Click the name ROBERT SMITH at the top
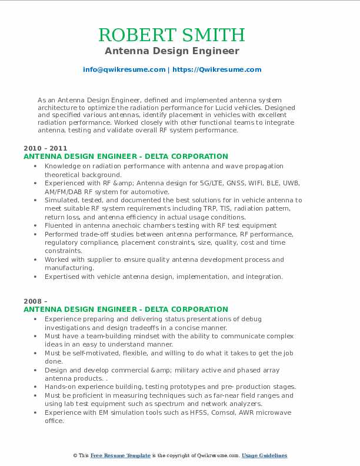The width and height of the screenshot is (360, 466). click(180, 34)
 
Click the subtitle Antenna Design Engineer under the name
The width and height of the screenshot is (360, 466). click(180, 51)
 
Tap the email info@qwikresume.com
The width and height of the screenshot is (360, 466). click(124, 69)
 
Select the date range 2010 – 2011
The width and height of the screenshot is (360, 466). click(45, 148)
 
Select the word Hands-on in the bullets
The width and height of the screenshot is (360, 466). click(61, 387)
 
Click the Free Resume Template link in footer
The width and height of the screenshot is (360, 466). click(120, 455)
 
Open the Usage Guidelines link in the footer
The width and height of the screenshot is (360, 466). click(264, 455)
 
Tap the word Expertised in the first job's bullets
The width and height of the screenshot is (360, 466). click(64, 276)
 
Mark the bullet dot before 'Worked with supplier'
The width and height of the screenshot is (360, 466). click(36, 259)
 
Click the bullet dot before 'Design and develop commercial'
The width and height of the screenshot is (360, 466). click(36, 370)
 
